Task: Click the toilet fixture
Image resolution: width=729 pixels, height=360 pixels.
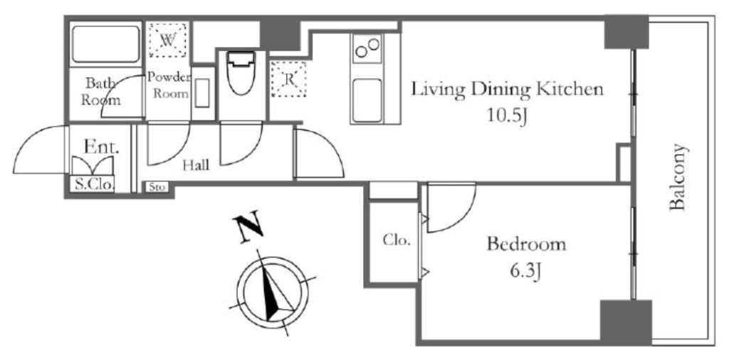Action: click(241, 72)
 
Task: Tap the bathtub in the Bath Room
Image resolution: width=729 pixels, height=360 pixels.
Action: click(106, 44)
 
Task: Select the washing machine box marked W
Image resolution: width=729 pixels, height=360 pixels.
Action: click(167, 41)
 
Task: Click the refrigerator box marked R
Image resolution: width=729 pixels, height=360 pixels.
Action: click(289, 79)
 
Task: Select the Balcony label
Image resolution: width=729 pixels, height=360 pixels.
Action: click(678, 177)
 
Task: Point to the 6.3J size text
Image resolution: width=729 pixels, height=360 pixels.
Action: click(525, 271)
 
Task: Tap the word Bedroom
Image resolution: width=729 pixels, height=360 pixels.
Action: click(526, 244)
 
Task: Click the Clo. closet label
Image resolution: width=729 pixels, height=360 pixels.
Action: click(397, 240)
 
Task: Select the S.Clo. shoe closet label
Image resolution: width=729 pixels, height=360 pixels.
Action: click(95, 185)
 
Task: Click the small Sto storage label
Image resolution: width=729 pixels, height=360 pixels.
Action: click(157, 188)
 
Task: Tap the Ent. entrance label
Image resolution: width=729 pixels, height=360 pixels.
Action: click(102, 148)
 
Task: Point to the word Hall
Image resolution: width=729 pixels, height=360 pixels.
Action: click(195, 165)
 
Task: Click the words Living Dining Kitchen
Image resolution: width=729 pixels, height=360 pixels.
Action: click(507, 90)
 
